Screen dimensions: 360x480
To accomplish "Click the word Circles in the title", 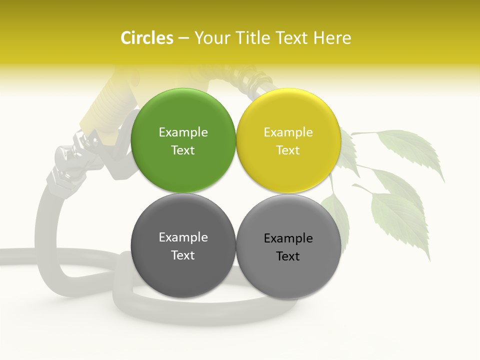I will pyautogui.click(x=146, y=38).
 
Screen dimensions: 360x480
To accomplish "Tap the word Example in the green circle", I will pyautogui.click(x=183, y=132).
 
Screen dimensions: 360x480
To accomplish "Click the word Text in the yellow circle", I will pyautogui.click(x=288, y=150).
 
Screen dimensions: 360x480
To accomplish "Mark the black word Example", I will pyautogui.click(x=288, y=238).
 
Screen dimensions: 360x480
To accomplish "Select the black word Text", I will pyautogui.click(x=288, y=256).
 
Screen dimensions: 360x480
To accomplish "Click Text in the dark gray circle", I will pyautogui.click(x=183, y=255).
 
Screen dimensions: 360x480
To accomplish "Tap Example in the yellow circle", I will pyautogui.click(x=288, y=132).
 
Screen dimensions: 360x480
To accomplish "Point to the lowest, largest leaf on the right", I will pyautogui.click(x=400, y=220).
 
